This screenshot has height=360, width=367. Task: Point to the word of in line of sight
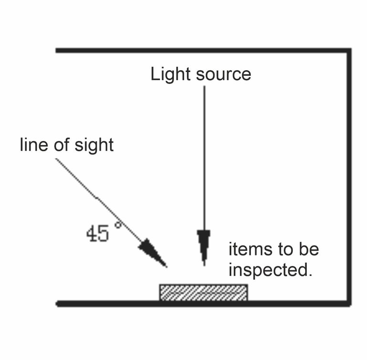[61, 145]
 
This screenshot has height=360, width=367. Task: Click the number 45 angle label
[97, 233]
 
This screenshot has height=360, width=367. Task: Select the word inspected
[270, 270]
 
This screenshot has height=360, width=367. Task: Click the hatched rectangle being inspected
[203, 292]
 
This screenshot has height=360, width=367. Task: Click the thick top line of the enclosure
[201, 50]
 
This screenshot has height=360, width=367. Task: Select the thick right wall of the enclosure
[349, 177]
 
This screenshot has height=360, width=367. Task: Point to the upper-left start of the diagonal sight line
[57, 159]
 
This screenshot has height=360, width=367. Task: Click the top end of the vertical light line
[204, 86]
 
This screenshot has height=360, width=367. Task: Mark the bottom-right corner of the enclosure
[349, 303]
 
